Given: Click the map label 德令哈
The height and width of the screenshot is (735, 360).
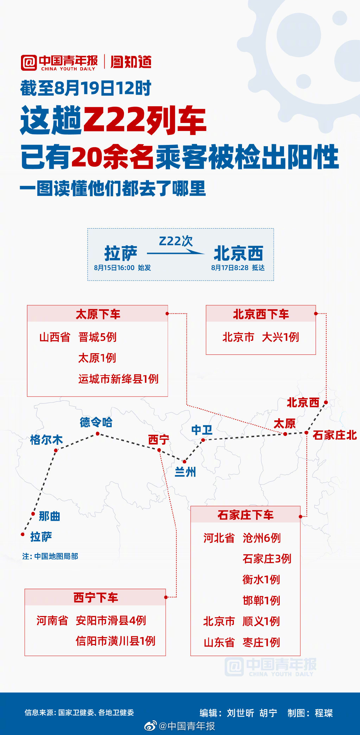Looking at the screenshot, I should click(x=96, y=422).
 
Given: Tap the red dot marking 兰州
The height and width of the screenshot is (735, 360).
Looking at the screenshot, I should click(x=184, y=461).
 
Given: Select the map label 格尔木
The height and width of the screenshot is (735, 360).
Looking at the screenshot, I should click(x=46, y=440).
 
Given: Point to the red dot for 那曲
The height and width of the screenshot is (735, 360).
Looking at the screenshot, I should click(x=33, y=514).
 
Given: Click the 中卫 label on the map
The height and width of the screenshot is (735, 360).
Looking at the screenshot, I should click(x=202, y=430).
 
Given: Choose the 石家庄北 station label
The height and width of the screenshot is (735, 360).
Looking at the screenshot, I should click(x=334, y=435).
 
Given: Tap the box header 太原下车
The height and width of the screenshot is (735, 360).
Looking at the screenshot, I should click(x=98, y=314).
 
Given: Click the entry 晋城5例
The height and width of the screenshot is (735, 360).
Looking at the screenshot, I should click(x=97, y=337).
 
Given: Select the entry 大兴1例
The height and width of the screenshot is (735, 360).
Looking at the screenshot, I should click(x=280, y=337).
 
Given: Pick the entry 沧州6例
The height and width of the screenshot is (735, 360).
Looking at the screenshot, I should click(x=262, y=538).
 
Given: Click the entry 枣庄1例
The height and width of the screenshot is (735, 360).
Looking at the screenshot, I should click(x=261, y=642).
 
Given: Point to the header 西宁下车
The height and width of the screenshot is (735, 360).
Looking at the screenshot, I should click(x=96, y=597).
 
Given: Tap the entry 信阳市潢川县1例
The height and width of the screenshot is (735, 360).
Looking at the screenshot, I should click(x=115, y=641).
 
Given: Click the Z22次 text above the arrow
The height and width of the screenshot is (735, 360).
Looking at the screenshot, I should click(x=176, y=241).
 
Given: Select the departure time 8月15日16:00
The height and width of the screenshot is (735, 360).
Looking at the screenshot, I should click(x=114, y=268).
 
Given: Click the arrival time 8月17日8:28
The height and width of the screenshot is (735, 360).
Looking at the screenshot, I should click(x=230, y=268).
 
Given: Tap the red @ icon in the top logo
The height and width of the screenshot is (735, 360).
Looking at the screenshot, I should click(x=29, y=63).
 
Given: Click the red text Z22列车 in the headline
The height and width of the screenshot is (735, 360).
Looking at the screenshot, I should click(x=144, y=121).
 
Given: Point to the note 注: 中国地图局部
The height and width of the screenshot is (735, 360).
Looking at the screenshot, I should click(x=50, y=556).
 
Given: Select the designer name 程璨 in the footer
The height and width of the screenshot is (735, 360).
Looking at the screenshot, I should click(x=324, y=713).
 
